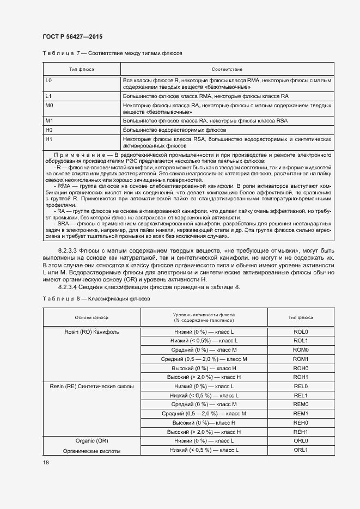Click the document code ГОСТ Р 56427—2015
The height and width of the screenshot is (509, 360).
click(x=72, y=36)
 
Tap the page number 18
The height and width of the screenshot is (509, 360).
click(x=46, y=462)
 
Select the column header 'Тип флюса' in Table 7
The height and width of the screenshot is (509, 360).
click(x=81, y=70)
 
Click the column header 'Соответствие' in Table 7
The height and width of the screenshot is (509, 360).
click(x=227, y=70)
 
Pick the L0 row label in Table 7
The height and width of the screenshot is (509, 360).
click(x=49, y=80)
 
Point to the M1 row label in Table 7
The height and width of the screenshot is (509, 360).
click(x=49, y=120)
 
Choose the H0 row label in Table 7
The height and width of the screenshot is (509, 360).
click(x=49, y=130)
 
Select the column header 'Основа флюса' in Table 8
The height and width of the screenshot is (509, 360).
click(x=91, y=317)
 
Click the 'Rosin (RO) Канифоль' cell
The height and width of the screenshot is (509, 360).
click(x=91, y=332)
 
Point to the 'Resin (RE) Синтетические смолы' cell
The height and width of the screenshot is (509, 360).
click(x=91, y=386)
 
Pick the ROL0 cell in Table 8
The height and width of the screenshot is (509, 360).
click(x=301, y=332)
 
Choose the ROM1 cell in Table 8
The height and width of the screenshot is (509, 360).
click(x=301, y=359)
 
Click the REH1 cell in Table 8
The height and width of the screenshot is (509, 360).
click(x=301, y=432)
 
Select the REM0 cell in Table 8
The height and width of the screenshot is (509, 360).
click(x=301, y=404)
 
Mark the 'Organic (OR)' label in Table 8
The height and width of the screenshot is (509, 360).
click(x=91, y=441)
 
